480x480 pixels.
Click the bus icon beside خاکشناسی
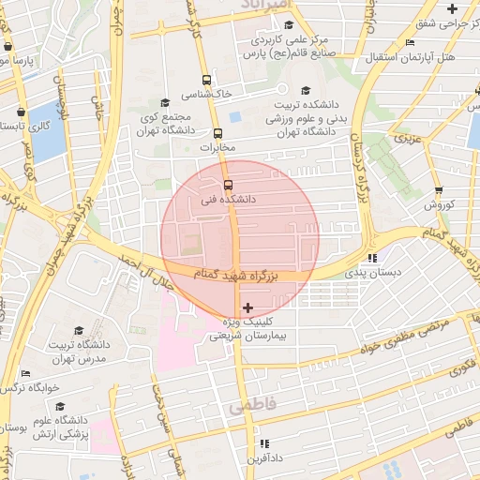[206, 81]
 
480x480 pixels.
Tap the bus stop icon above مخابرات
[218, 133]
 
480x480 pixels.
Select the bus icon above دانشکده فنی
[228, 184]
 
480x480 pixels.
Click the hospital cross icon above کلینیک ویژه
[247, 307]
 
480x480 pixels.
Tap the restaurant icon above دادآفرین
[264, 443]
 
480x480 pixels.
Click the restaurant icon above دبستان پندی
[372, 257]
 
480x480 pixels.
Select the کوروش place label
[438, 204]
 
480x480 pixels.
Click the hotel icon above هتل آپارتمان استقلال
[410, 43]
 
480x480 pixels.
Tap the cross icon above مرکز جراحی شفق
[452, 7]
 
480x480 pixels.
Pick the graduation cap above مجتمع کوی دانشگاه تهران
[165, 102]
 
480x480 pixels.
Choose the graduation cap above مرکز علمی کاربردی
[288, 25]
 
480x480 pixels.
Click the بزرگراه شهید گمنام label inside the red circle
[236, 275]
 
